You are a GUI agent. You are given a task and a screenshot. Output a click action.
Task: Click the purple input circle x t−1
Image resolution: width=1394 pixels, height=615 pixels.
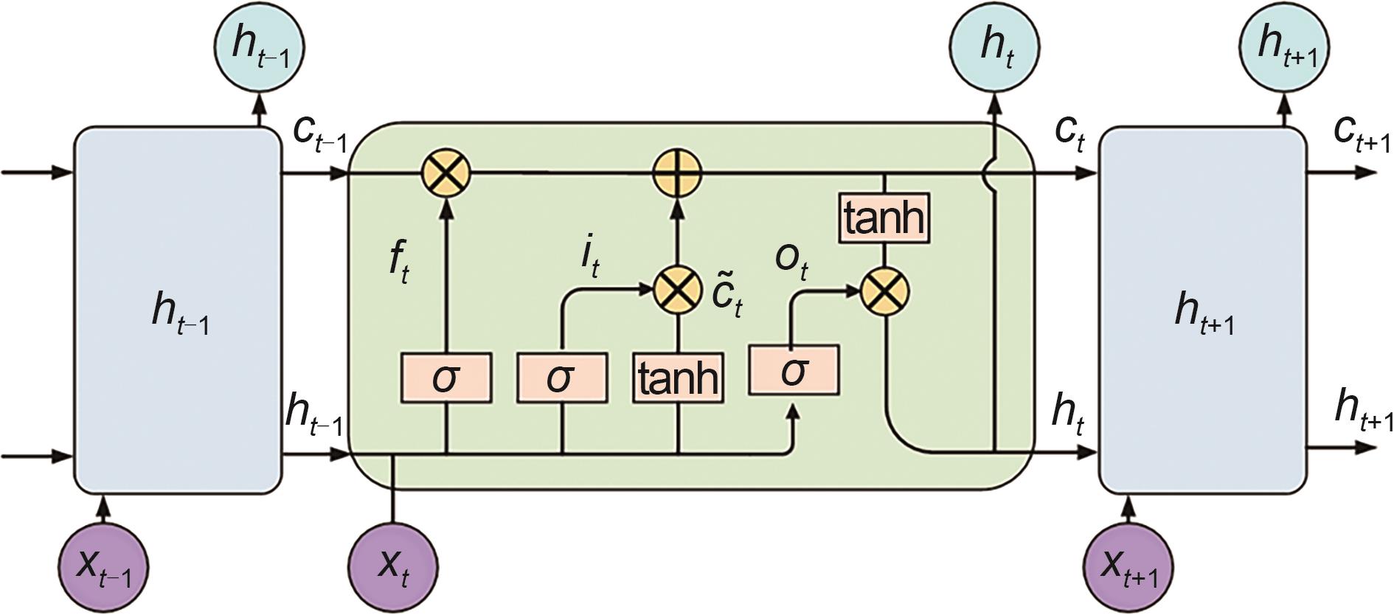click(103, 566)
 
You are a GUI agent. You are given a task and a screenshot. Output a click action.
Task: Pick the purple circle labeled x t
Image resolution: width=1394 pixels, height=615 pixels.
click(393, 566)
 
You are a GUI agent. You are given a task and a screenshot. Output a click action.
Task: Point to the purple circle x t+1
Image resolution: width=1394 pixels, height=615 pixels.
click(1128, 566)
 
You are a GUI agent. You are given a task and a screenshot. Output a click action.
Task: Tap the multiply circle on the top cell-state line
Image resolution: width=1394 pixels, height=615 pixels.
click(446, 174)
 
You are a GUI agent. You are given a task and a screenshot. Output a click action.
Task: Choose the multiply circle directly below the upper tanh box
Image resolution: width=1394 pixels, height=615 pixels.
click(884, 291)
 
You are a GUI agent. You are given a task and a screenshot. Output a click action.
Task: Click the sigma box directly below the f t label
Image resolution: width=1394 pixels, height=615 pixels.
click(446, 378)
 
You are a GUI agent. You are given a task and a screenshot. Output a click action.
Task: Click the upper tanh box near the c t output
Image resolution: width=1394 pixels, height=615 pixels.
click(884, 218)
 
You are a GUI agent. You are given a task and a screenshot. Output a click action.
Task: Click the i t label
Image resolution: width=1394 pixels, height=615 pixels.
click(589, 257)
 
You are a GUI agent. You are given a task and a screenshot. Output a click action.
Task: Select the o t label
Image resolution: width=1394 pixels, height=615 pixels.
click(791, 260)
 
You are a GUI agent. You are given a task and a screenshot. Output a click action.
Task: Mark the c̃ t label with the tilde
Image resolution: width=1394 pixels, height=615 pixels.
click(727, 293)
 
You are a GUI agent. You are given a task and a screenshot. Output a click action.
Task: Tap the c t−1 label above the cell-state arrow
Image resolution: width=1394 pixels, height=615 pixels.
click(319, 133)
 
